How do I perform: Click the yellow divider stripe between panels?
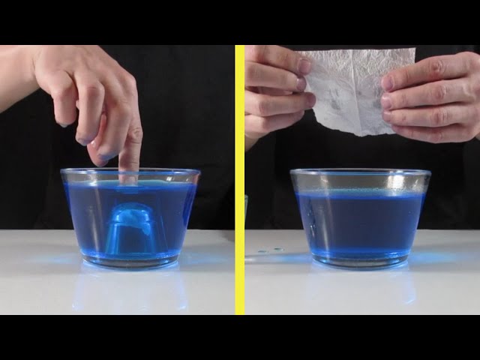pos(240,180)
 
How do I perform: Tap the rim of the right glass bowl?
pos(360,172)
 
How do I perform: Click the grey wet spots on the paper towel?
pos(341,101)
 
